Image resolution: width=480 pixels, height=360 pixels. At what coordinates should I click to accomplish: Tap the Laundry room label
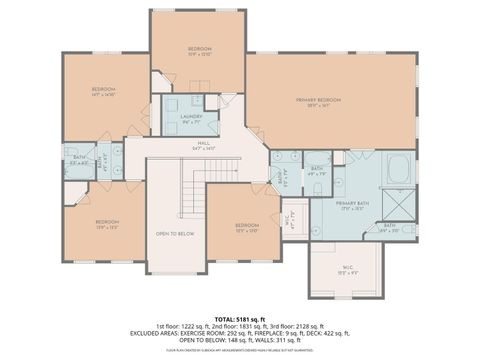[194, 117]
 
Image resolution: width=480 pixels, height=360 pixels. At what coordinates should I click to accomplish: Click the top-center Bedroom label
[199, 48]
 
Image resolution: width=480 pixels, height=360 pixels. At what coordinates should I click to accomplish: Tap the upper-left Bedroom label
[103, 91]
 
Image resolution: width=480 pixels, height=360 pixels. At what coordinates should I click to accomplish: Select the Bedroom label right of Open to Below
[246, 226]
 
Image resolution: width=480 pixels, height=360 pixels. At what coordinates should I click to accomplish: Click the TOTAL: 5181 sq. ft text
[240, 318]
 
